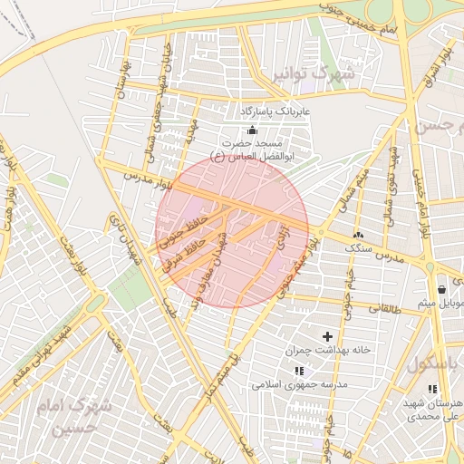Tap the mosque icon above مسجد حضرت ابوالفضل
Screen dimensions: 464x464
tap(252, 130)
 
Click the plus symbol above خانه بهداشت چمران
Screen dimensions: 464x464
tap(327, 336)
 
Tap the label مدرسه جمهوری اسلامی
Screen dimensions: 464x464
tap(300, 384)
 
